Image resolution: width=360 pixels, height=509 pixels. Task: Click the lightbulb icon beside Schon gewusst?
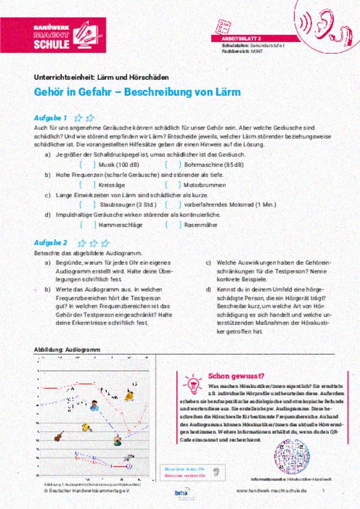193,381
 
